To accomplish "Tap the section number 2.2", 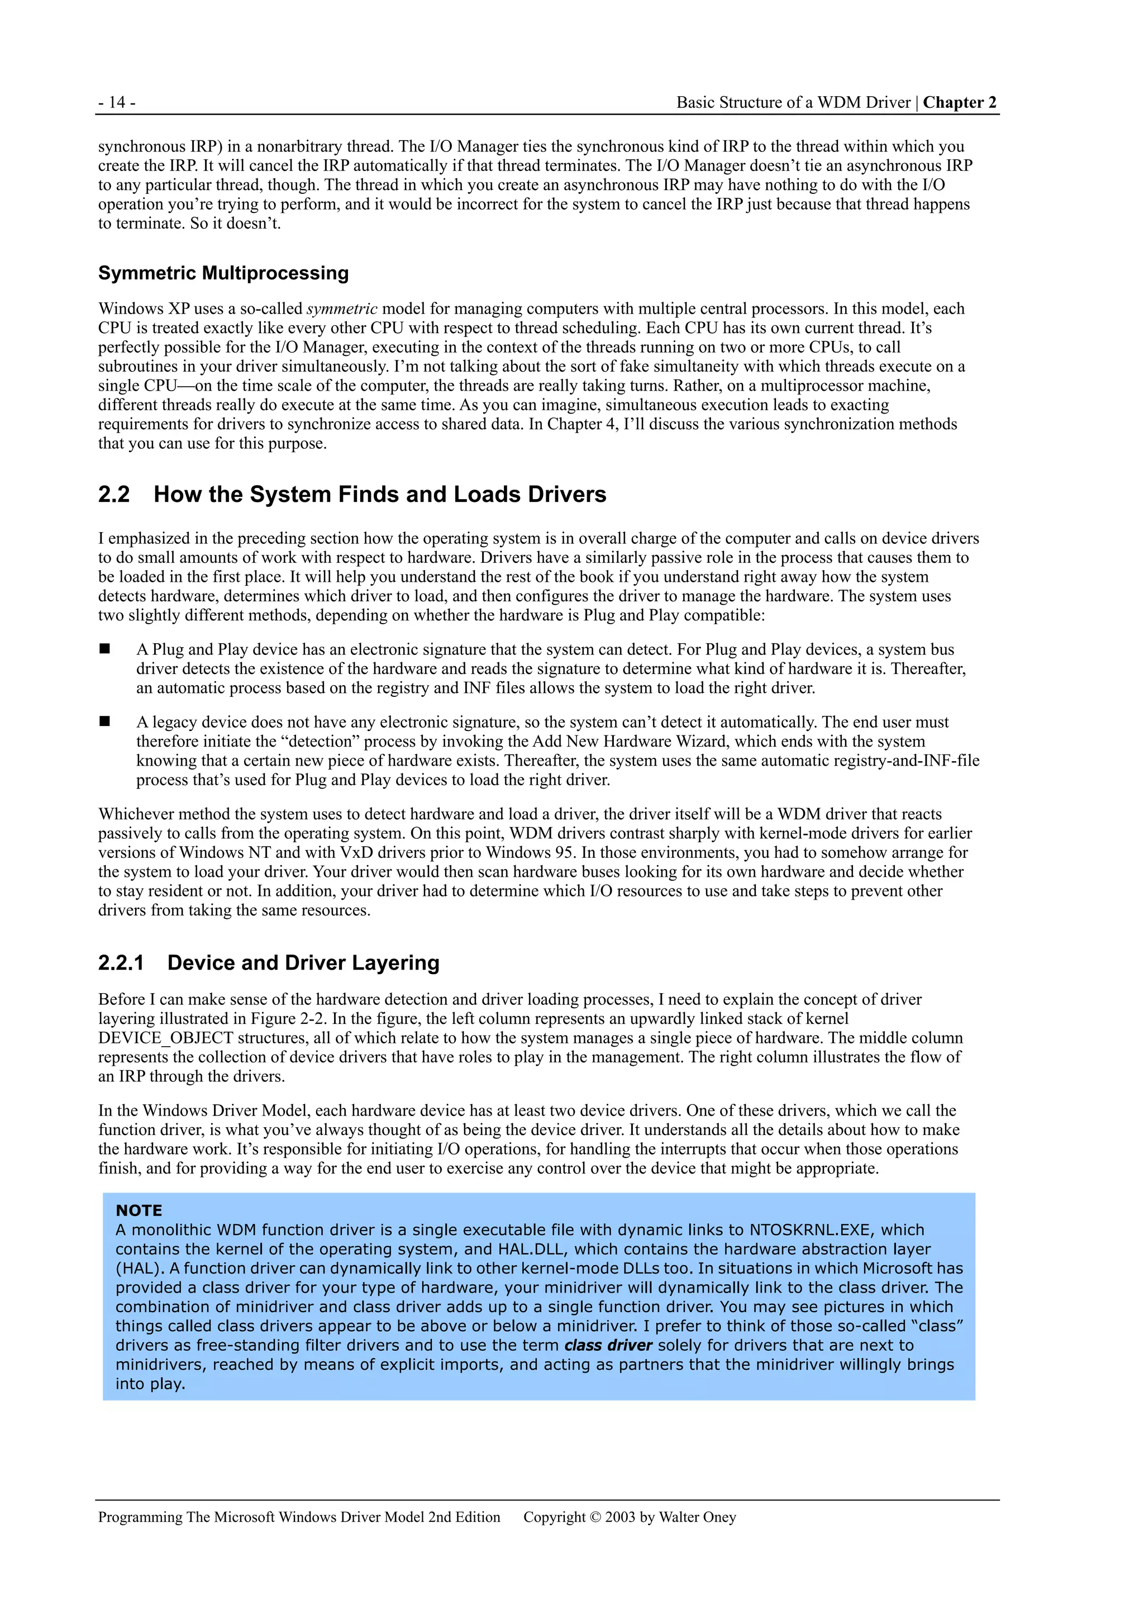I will click(x=114, y=494).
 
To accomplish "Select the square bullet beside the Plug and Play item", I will click(x=105, y=649).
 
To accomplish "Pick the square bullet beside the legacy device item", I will click(x=105, y=721).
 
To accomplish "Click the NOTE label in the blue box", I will click(x=139, y=1210).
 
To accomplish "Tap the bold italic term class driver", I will click(x=608, y=1345).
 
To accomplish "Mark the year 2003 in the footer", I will click(x=619, y=1517).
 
